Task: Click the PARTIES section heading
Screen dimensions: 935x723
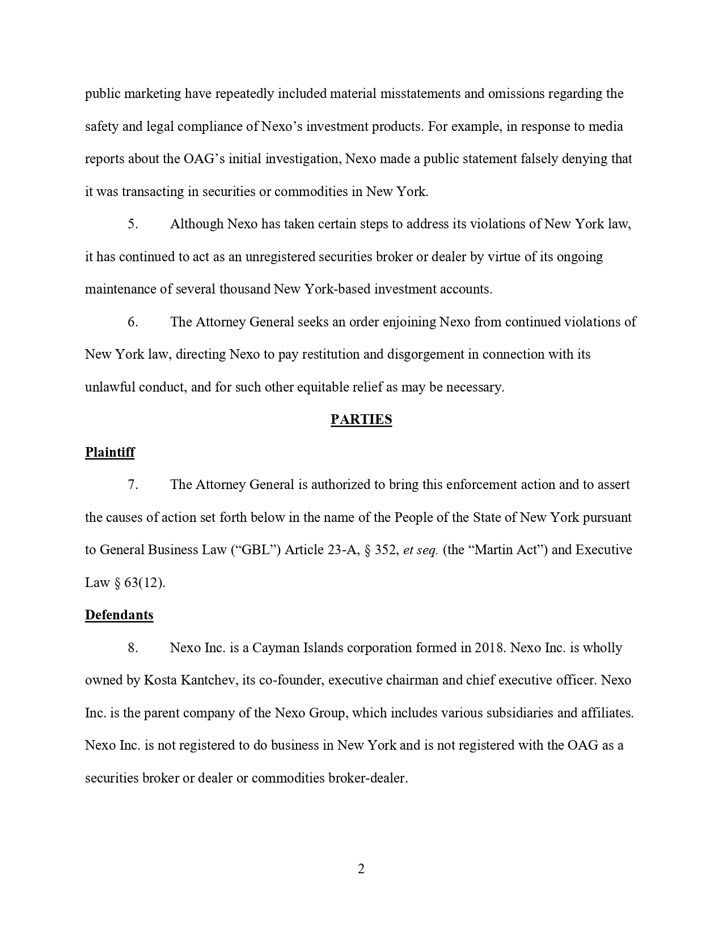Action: tap(361, 420)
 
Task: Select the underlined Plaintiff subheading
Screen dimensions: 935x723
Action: tap(110, 452)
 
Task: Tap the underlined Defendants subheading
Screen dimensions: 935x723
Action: tap(119, 615)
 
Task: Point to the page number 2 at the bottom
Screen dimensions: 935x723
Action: tap(361, 869)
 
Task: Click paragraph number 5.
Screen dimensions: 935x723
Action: tap(133, 224)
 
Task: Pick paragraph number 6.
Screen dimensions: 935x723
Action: tap(133, 322)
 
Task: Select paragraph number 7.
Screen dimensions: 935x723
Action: tap(133, 485)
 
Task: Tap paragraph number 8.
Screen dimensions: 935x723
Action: tap(133, 648)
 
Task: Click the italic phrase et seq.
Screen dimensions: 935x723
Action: tap(420, 550)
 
